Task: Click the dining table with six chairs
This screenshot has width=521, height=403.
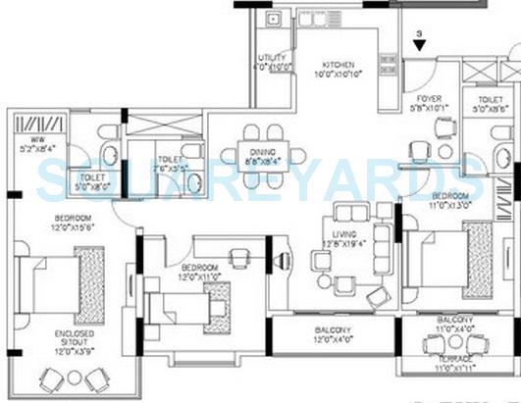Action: coord(261,153)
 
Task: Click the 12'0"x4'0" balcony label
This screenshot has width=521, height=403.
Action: coord(335,334)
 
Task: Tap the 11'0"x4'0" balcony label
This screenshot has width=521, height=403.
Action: coord(454,325)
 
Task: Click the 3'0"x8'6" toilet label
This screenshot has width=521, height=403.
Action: coord(490,105)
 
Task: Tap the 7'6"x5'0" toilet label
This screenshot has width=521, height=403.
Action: coord(172,164)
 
